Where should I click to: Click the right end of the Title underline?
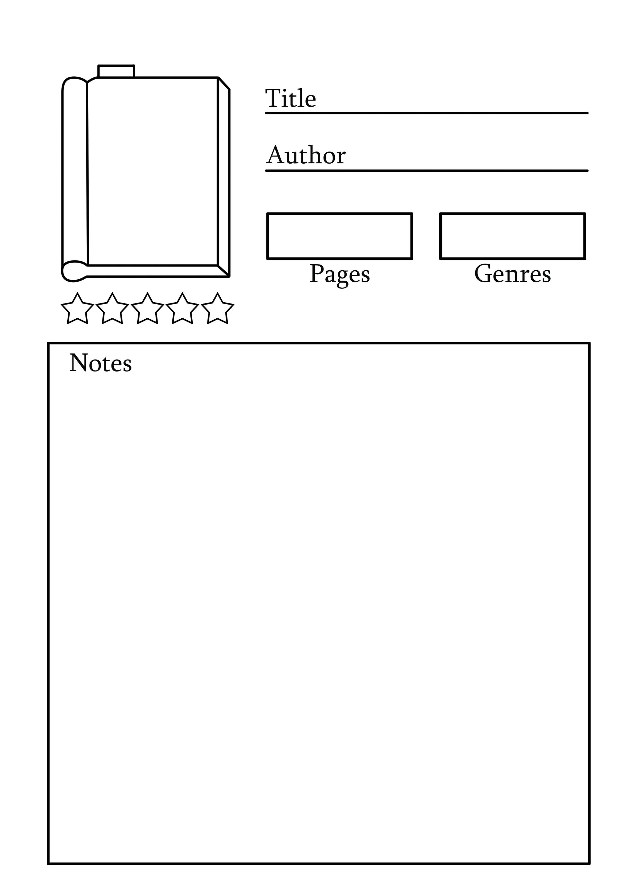(587, 113)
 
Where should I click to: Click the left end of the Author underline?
(266, 170)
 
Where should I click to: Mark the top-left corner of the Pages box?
(267, 213)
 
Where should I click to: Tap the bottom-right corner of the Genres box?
(585, 258)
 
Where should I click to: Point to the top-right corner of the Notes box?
(590, 343)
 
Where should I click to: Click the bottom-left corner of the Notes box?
(48, 863)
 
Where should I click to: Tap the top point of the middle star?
(147, 293)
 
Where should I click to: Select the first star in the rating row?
(78, 308)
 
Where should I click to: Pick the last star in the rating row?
(217, 308)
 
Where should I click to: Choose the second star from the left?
(112, 308)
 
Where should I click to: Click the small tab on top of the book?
(116, 72)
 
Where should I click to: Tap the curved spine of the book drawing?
(74, 178)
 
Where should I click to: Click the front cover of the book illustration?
(153, 171)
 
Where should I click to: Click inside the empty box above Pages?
(340, 236)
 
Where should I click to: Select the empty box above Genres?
(513, 236)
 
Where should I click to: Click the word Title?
(291, 98)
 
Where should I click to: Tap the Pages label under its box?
(340, 275)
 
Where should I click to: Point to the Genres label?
(513, 274)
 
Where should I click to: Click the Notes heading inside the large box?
(101, 363)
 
